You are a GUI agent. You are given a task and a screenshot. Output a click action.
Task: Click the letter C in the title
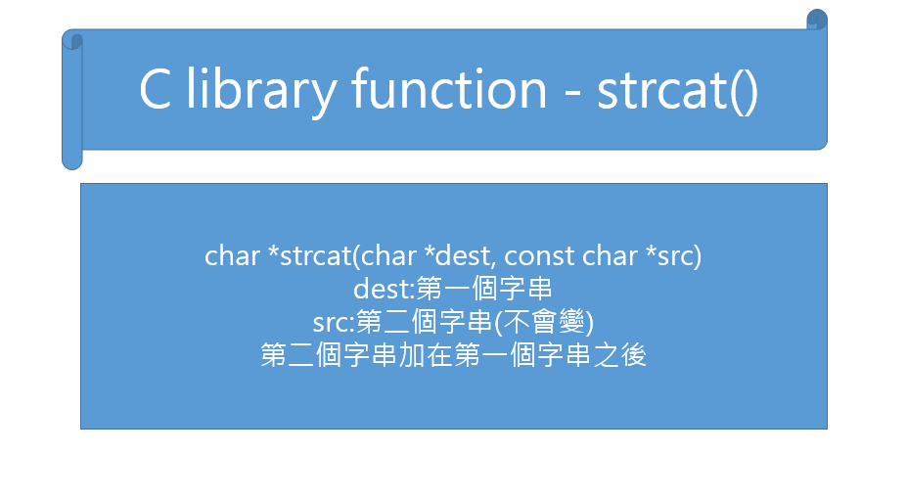(x=155, y=89)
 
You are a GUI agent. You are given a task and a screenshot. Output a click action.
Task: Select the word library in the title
(x=261, y=91)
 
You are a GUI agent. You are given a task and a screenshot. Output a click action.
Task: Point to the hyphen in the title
(x=572, y=93)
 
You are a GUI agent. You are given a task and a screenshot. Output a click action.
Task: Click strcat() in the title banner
(x=677, y=91)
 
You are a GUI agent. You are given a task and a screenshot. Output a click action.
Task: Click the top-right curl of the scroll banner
(x=817, y=20)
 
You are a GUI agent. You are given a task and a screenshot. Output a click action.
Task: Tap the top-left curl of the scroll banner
(x=72, y=40)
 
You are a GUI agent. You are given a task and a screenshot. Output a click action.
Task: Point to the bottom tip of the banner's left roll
(x=72, y=169)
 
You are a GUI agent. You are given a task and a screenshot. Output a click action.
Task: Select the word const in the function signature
(x=539, y=255)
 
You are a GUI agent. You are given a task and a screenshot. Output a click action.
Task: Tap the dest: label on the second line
(x=385, y=289)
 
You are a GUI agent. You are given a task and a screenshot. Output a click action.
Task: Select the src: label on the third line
(x=334, y=323)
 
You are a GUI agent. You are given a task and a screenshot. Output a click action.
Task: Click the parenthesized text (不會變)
(x=544, y=322)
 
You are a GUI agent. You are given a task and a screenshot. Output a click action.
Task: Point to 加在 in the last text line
(x=426, y=355)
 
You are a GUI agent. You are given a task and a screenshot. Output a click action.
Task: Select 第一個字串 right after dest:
(x=484, y=289)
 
